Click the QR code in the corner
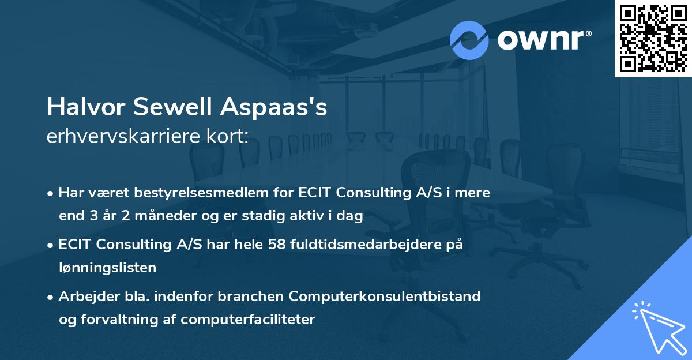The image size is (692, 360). pyautogui.click(x=653, y=39)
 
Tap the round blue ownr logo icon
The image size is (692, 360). pyautogui.click(x=469, y=40)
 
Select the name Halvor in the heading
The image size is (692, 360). pyautogui.click(x=86, y=107)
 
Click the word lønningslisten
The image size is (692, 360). pyautogui.click(x=107, y=267)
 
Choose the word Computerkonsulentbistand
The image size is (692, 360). pyautogui.click(x=385, y=297)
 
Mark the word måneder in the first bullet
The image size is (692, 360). pyautogui.click(x=137, y=216)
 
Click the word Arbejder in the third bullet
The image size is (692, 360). pyautogui.click(x=85, y=297)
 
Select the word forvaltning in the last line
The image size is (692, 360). pyautogui.click(x=110, y=319)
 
